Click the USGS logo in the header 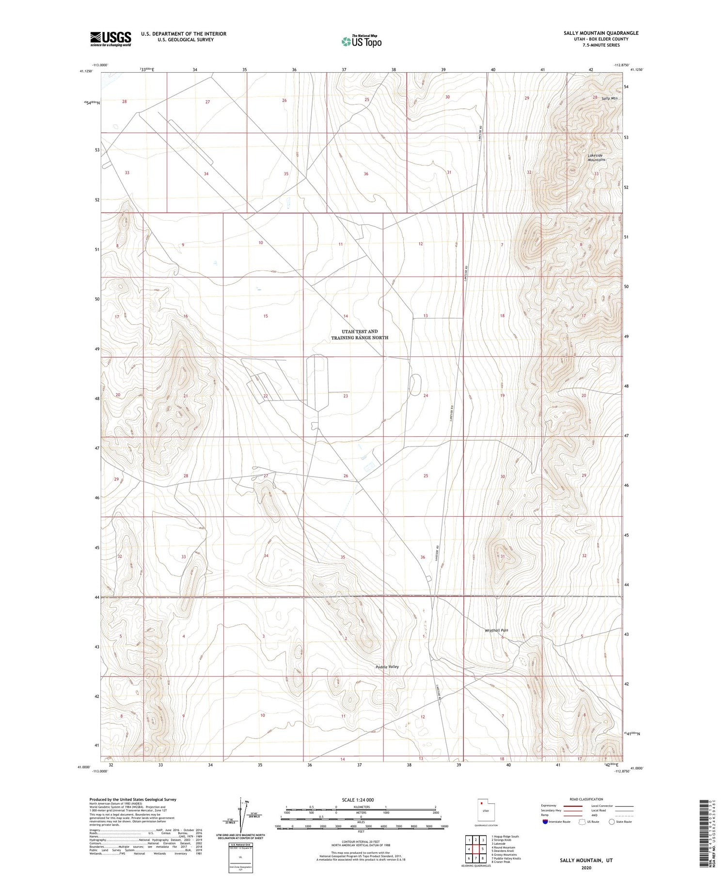[x=111, y=39]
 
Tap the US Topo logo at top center [x=361, y=42]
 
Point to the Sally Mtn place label [x=609, y=98]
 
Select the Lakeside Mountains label [x=596, y=157]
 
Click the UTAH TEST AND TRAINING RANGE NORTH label [x=359, y=335]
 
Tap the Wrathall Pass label [x=496, y=630]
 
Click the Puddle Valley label [x=387, y=667]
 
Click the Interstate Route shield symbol [x=545, y=821]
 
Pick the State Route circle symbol [x=612, y=821]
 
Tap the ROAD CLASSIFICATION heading [x=586, y=799]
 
